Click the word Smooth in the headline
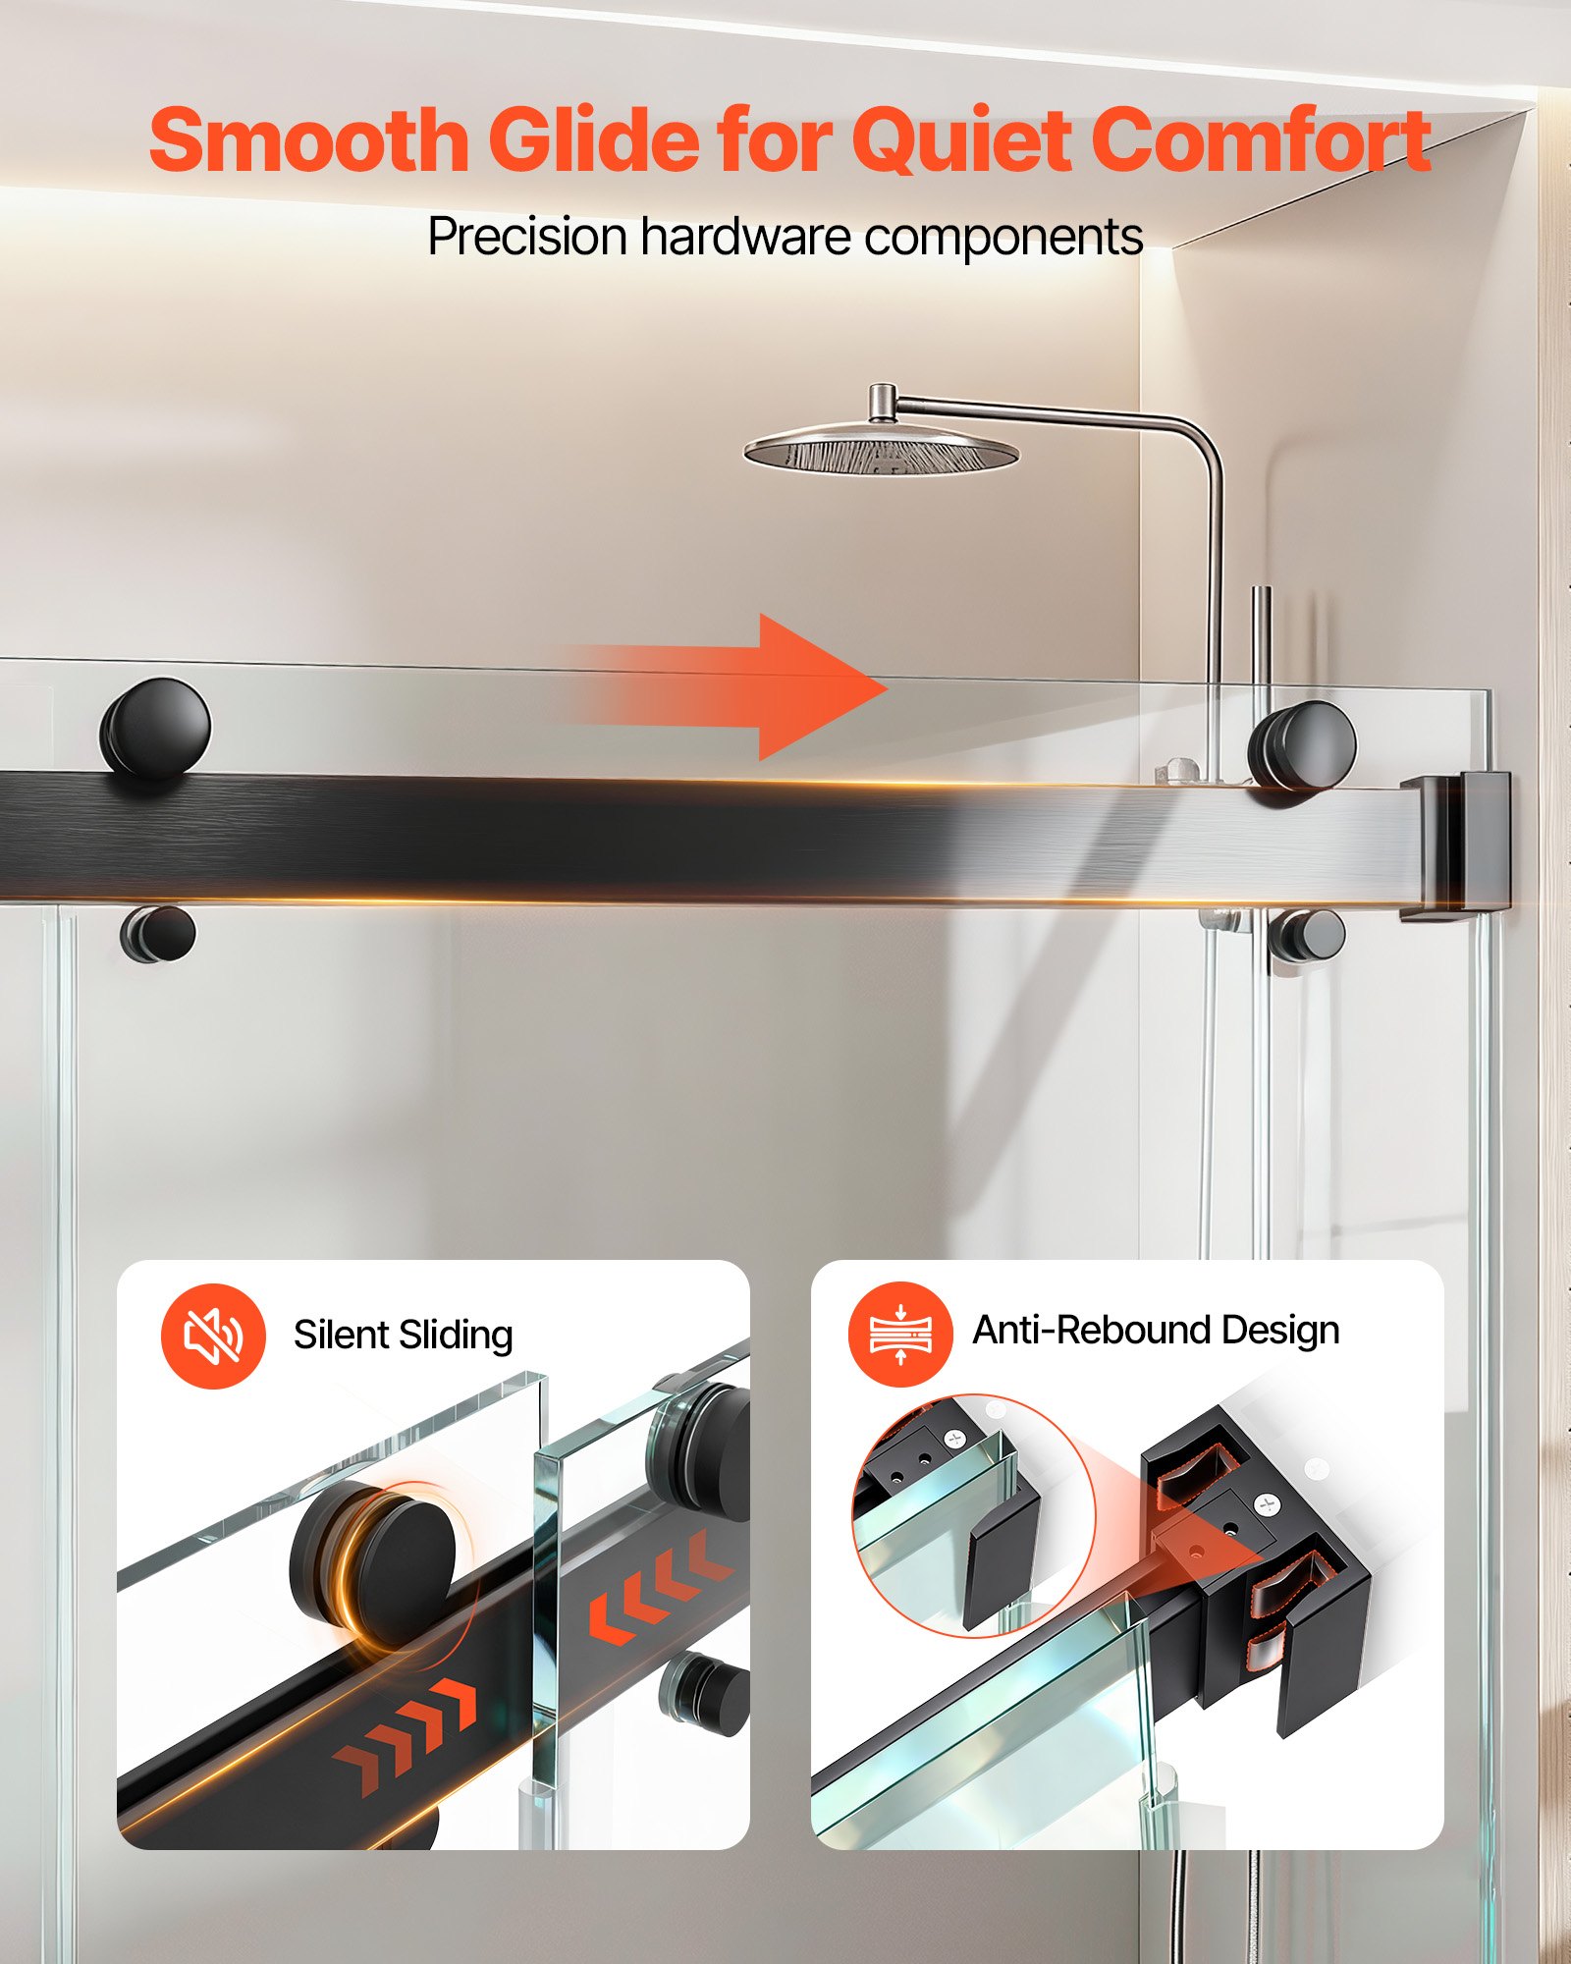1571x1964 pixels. (x=308, y=140)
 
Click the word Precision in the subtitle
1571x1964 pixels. (x=527, y=237)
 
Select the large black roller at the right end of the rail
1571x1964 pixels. (x=1303, y=744)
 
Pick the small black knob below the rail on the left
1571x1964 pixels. (x=158, y=934)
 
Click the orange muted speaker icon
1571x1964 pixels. (x=213, y=1336)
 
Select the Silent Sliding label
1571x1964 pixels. (x=403, y=1336)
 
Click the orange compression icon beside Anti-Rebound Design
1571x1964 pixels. (x=899, y=1334)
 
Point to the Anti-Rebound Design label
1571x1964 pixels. (x=1156, y=1331)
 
